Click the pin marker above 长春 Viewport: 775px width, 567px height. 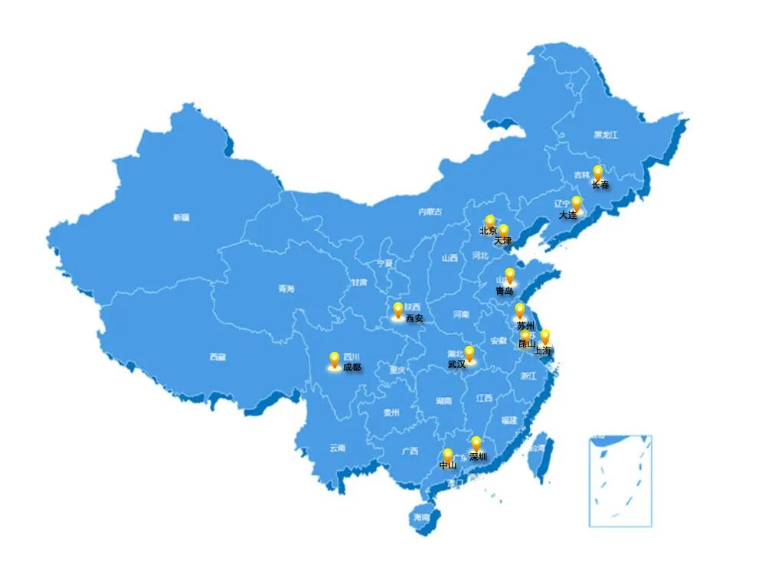(598, 172)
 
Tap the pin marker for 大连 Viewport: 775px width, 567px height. (577, 203)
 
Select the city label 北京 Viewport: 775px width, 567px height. (488, 230)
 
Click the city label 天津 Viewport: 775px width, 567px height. (502, 241)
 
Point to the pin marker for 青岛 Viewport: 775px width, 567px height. (510, 275)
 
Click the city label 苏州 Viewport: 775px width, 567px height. (525, 326)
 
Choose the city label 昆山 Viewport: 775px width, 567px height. (527, 344)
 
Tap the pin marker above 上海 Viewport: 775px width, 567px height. (545, 336)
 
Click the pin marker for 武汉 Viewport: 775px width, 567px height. (469, 353)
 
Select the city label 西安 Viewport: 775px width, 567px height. (414, 318)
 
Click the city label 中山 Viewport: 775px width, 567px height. (448, 465)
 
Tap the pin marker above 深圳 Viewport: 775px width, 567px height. (476, 442)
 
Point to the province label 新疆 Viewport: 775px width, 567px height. (181, 217)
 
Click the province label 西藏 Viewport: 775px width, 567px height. (218, 357)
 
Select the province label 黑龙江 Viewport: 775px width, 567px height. (605, 135)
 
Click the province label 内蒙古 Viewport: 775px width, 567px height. (430, 212)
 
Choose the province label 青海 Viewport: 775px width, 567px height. (286, 288)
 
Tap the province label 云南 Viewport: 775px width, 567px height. (338, 448)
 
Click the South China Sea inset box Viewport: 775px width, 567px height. (620, 481)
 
